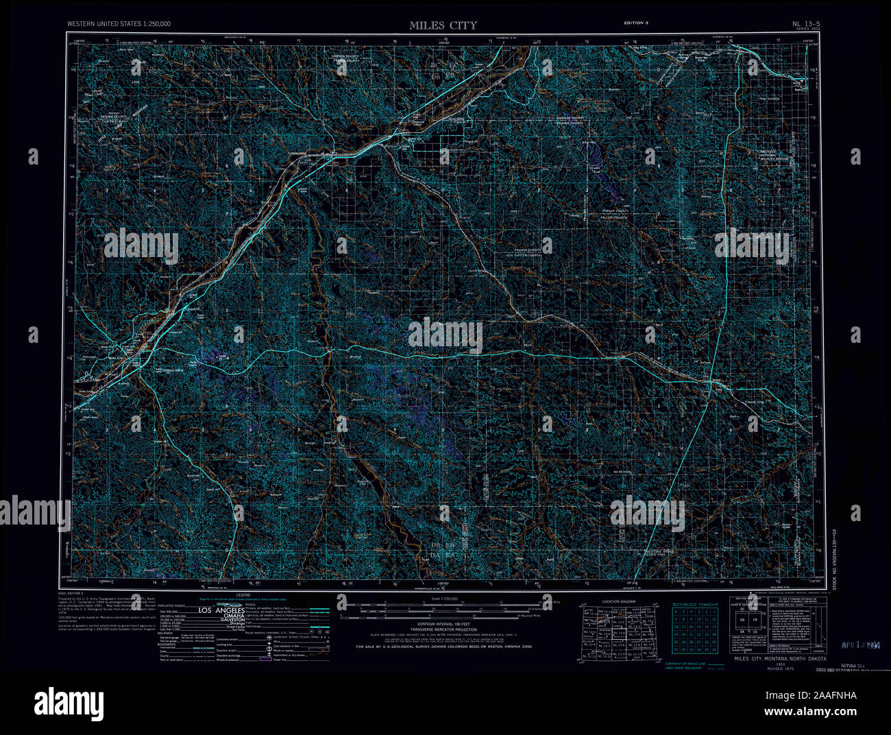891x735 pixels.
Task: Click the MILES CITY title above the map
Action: pos(443,25)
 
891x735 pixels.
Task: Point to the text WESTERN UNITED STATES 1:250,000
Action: pos(119,24)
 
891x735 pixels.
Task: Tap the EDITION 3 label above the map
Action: pos(635,23)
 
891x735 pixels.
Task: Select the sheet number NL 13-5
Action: pos(806,24)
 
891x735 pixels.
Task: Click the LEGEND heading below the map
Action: pos(244,595)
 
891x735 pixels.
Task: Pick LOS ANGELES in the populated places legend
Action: pos(221,610)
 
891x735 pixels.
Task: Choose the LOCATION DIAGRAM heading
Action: pos(620,601)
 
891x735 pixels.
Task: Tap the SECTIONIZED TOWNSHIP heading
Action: pos(694,604)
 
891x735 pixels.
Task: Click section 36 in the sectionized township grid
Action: pos(714,649)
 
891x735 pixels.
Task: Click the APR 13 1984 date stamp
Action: pos(864,646)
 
